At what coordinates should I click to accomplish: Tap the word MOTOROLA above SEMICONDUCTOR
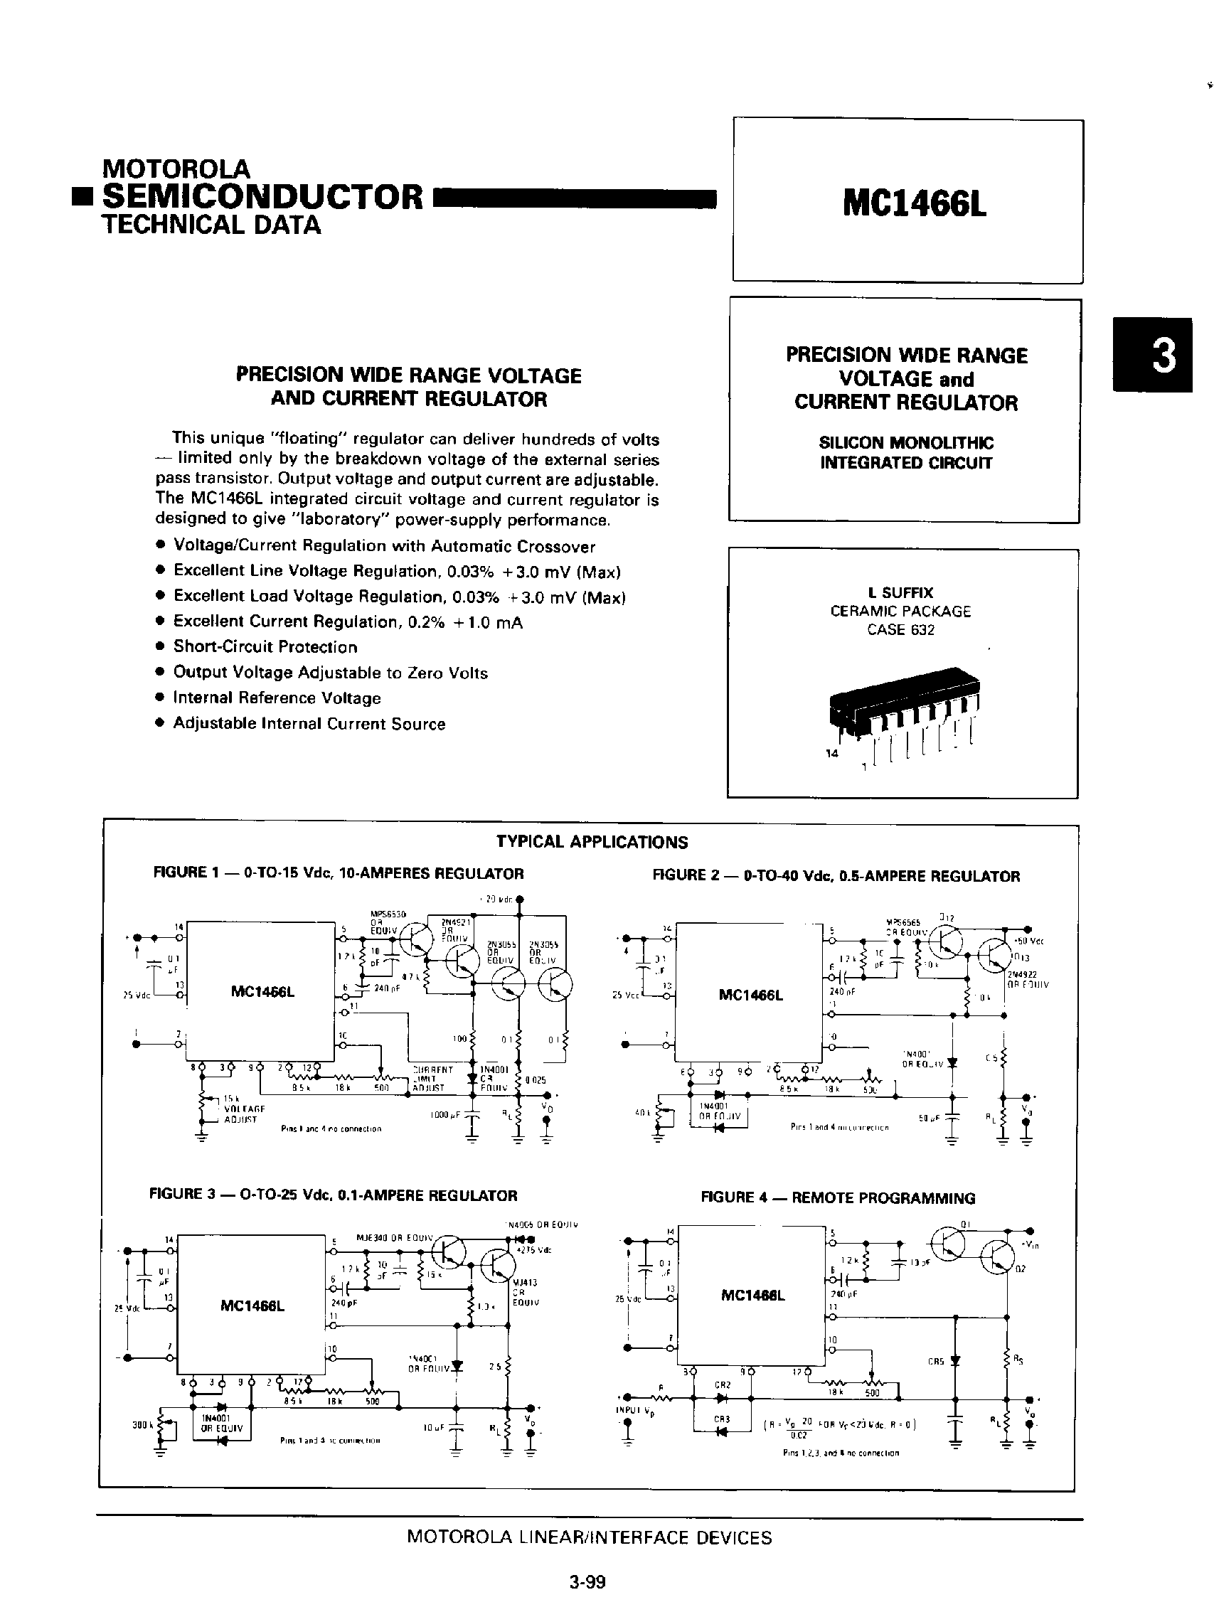point(176,169)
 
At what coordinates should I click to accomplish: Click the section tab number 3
point(1164,356)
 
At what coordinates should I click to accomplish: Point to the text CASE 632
point(900,629)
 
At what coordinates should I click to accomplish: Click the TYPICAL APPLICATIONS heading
point(592,842)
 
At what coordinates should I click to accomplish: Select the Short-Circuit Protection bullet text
point(265,647)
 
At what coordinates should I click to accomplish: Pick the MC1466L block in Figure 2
point(750,994)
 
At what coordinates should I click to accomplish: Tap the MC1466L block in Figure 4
point(752,1295)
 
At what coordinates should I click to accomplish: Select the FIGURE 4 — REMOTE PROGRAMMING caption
point(837,1198)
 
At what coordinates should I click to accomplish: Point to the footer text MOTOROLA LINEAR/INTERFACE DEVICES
point(589,1537)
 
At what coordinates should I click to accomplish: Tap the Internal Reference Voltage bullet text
point(277,698)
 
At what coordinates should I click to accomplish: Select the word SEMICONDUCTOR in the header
point(262,196)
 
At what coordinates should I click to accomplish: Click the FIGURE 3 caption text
point(333,1195)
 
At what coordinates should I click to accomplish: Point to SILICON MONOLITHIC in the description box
point(906,442)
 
